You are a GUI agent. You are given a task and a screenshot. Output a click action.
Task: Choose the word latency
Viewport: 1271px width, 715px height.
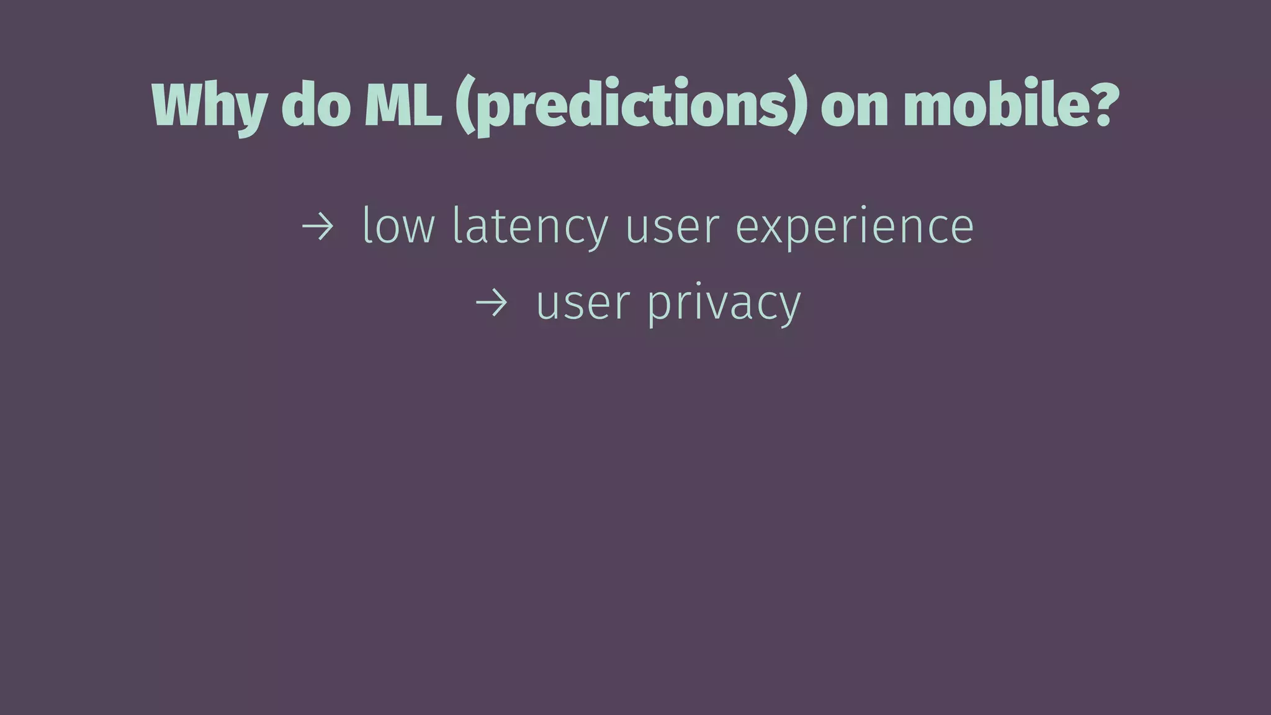[531, 227]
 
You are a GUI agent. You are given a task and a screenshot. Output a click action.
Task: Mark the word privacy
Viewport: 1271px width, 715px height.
[724, 304]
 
